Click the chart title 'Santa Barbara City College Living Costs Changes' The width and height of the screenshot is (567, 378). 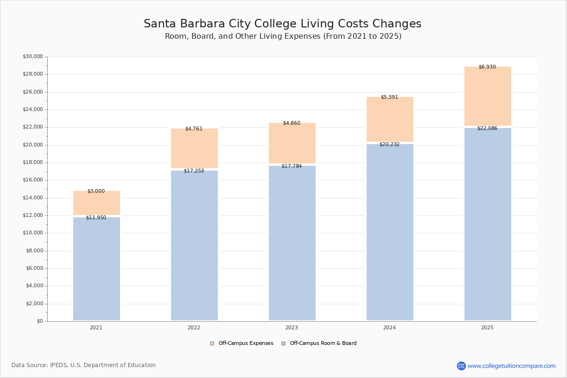[283, 24]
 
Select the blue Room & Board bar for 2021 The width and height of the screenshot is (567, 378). [96, 269]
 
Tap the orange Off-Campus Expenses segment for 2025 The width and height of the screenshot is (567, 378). [488, 97]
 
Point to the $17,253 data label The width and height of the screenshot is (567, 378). [194, 171]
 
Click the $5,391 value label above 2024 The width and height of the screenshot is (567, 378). [389, 97]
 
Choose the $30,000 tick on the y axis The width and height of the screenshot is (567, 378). [33, 57]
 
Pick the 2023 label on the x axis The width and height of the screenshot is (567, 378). [292, 327]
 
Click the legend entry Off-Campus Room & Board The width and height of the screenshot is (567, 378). [323, 344]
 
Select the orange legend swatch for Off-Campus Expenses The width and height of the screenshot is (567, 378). [212, 344]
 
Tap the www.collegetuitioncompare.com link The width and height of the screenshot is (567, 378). [511, 366]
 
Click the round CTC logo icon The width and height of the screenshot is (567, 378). [461, 366]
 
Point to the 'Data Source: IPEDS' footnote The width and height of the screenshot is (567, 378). [84, 365]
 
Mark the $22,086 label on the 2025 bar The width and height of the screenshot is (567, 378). [487, 128]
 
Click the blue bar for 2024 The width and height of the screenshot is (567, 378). [390, 232]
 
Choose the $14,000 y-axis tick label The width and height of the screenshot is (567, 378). [33, 198]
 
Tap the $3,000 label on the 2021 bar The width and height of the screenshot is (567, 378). [96, 191]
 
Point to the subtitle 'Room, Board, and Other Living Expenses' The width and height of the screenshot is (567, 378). [283, 36]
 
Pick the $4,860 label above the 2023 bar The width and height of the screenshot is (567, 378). [292, 123]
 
